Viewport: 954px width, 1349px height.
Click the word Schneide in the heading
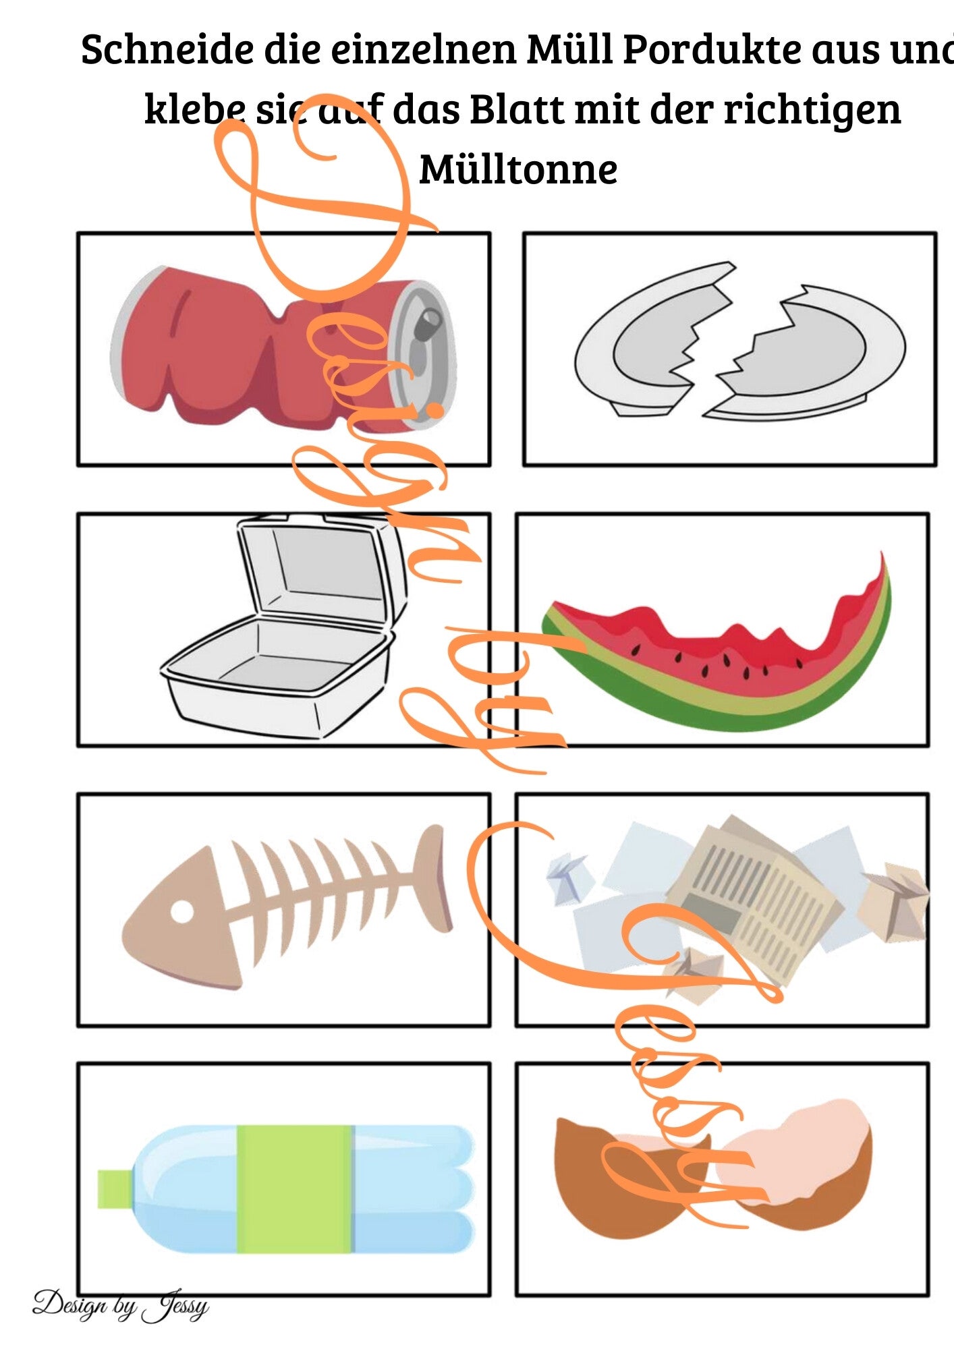(x=167, y=49)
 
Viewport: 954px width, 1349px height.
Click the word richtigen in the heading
(x=813, y=109)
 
